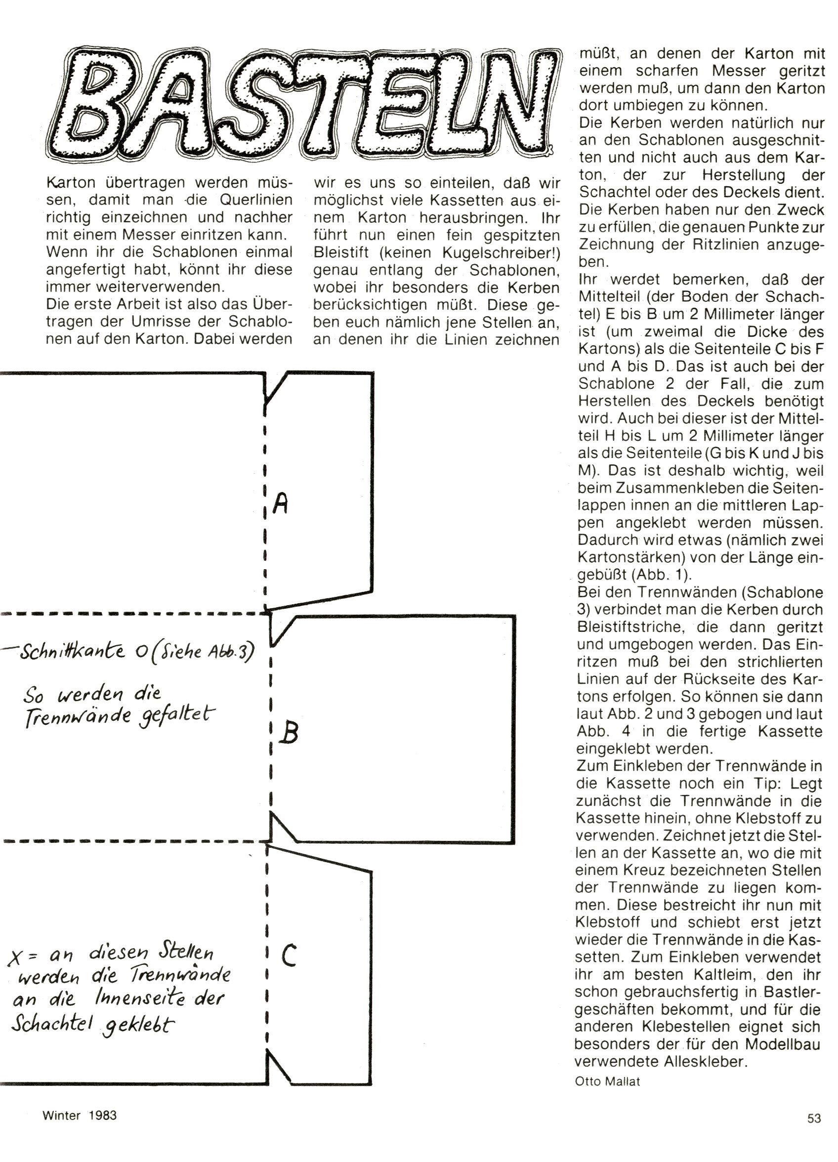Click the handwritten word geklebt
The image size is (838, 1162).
point(137,1025)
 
